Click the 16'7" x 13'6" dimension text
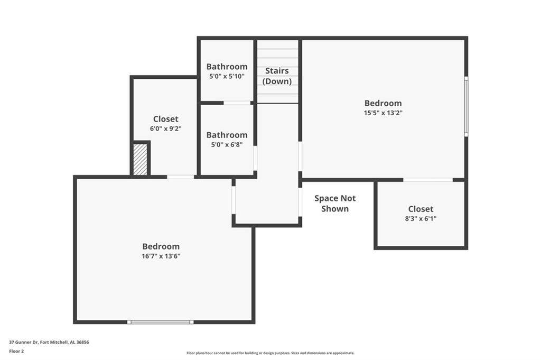tap(161, 256)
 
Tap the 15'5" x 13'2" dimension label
tap(383, 113)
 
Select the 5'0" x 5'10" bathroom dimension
tap(227, 76)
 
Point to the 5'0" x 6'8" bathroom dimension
tap(227, 145)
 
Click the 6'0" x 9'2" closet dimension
tap(165, 129)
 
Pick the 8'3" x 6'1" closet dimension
tap(421, 218)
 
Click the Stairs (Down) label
tap(277, 76)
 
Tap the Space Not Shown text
tap(334, 204)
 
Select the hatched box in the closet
tap(140, 160)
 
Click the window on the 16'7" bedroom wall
tap(161, 322)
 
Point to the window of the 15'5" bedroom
tap(466, 106)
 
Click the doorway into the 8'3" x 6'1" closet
tap(428, 180)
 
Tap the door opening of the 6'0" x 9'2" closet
tap(181, 177)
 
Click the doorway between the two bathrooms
tap(237, 103)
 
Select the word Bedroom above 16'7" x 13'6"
tap(161, 246)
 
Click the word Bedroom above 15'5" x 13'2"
tap(383, 103)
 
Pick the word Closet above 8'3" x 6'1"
tap(421, 209)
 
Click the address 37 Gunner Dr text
tap(49, 343)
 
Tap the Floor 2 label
tap(16, 352)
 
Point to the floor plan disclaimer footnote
tap(270, 353)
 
